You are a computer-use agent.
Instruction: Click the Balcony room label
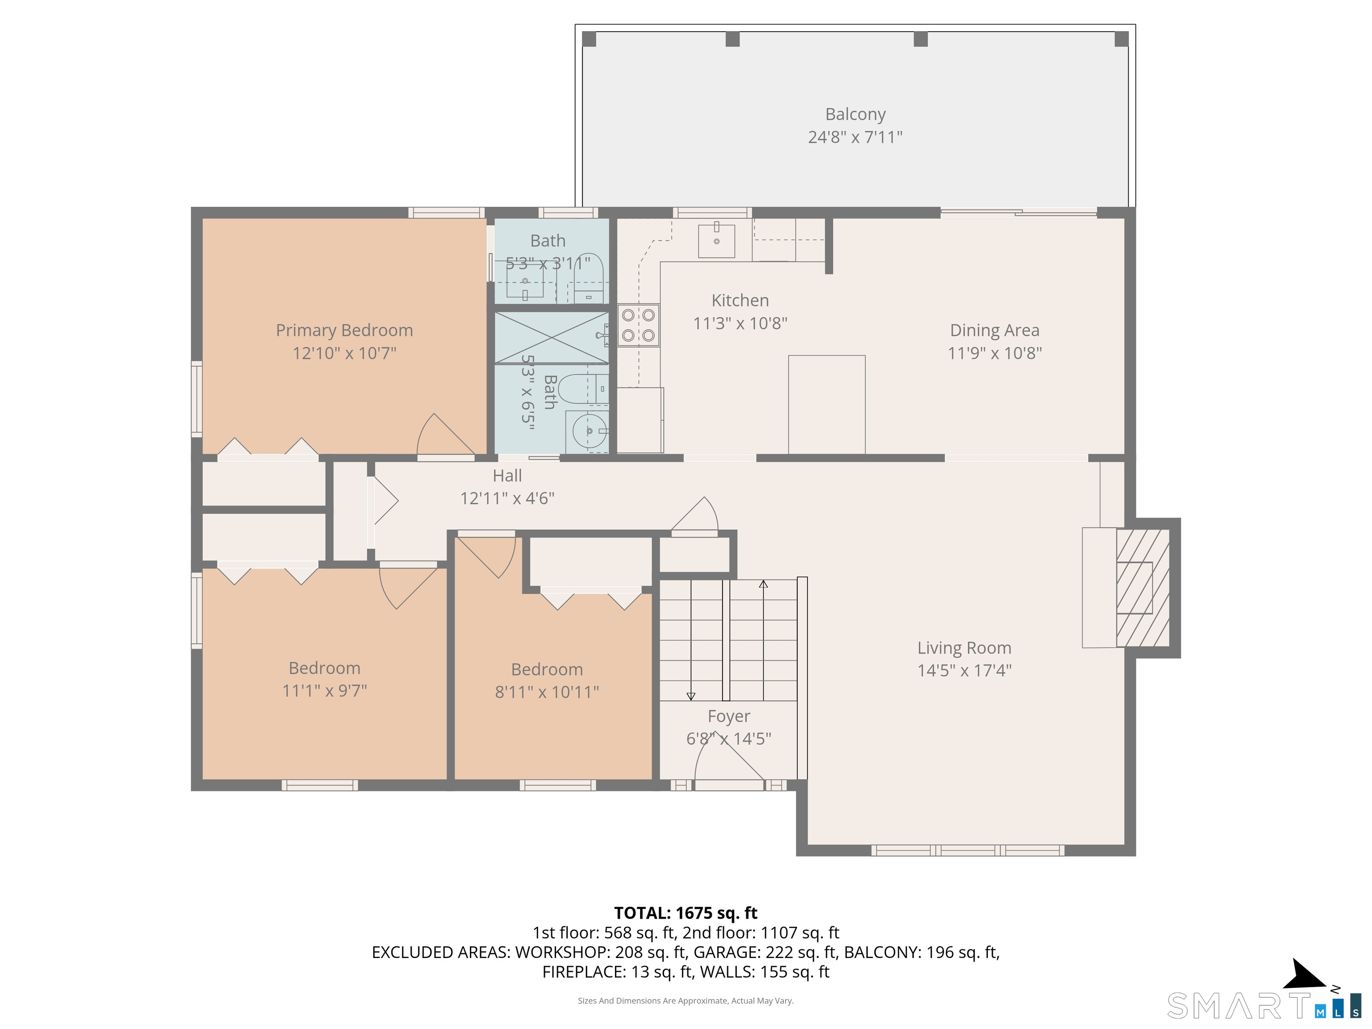click(x=855, y=114)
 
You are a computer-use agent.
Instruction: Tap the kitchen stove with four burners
click(x=638, y=325)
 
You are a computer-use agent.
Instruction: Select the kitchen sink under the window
click(x=716, y=241)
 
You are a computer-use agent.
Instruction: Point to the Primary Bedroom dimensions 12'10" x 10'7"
click(x=344, y=353)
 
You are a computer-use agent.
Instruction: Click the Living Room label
click(x=964, y=648)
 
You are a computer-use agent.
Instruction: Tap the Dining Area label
click(x=994, y=330)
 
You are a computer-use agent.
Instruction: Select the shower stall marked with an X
click(x=551, y=338)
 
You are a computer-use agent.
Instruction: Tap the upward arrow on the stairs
click(x=764, y=584)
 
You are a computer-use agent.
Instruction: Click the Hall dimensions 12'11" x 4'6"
click(x=507, y=498)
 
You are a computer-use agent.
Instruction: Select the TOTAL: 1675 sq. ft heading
click(x=686, y=913)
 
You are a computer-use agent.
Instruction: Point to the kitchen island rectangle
click(x=826, y=404)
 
